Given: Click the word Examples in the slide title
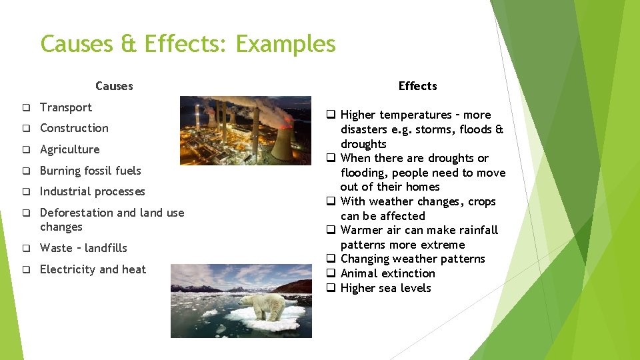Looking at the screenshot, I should pos(285,45).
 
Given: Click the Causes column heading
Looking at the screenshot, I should pos(114,86).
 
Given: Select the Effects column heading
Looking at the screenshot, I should pos(417,86).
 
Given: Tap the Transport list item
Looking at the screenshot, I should pos(66,107).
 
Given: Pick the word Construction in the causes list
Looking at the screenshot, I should pos(74,128).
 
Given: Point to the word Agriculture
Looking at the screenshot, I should pos(69,149).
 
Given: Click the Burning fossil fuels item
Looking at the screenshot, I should pos(90,171).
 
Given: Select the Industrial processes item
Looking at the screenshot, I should pos(92,191).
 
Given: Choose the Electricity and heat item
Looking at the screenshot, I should pos(93,269).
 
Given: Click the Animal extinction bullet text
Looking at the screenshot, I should pos(387,273).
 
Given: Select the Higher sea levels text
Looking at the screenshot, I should pos(385,288).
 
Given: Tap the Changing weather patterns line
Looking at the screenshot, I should pos(413,259).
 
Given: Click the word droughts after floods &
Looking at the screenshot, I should pos(363,144).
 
